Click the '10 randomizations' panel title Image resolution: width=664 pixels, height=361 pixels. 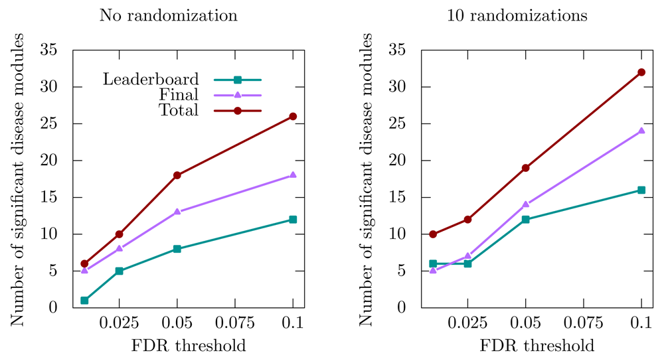pos(517,16)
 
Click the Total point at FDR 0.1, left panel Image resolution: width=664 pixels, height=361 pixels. pos(293,116)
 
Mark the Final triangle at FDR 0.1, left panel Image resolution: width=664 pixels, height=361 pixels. pos(293,175)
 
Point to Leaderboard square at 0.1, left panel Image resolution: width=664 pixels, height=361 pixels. pos(293,220)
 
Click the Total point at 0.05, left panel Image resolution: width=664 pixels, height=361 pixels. pos(177,175)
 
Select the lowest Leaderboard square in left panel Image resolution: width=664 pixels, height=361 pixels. pos(84,301)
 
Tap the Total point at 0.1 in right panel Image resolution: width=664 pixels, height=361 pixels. pos(641,72)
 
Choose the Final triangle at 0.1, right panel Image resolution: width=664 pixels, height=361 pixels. pos(641,131)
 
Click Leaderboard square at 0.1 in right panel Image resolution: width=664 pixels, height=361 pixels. pos(641,190)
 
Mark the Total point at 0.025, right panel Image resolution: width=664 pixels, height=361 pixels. pos(467,220)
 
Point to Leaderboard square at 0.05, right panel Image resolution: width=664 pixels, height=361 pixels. pos(526,220)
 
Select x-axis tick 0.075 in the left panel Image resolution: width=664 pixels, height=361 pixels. pos(235,324)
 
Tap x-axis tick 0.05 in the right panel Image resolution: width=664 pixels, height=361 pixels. pos(525,324)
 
